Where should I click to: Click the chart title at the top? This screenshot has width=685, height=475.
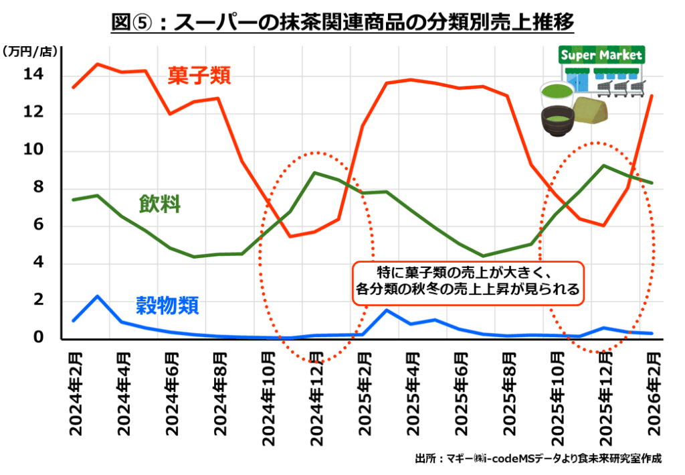click(342, 23)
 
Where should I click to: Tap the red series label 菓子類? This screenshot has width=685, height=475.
click(199, 76)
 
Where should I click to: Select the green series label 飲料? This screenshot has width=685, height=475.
click(160, 204)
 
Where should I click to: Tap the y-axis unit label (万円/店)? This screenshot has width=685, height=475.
click(31, 51)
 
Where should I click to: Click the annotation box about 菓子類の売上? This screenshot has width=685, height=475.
click(468, 281)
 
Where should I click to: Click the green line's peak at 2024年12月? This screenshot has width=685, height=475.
click(315, 173)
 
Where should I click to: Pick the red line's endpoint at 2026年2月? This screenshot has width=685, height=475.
click(652, 96)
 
